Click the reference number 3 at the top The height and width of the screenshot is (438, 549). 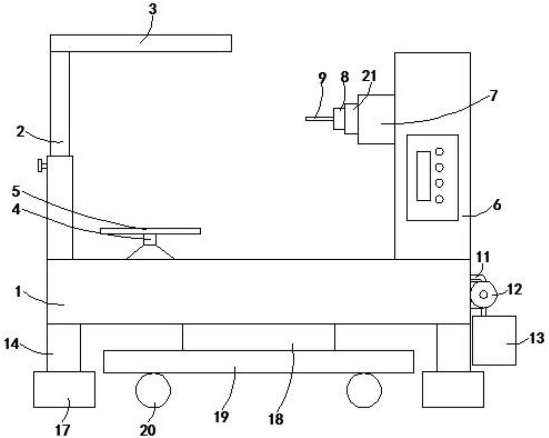pyautogui.click(x=153, y=10)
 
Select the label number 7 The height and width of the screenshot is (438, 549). pyautogui.click(x=494, y=96)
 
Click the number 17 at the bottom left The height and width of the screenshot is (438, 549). pyautogui.click(x=62, y=430)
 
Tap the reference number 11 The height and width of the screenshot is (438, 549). pyautogui.click(x=483, y=257)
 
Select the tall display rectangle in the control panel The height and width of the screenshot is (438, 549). pyautogui.click(x=424, y=176)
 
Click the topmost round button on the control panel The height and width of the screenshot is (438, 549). pyautogui.click(x=439, y=152)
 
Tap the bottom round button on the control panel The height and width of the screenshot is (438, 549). pyautogui.click(x=439, y=199)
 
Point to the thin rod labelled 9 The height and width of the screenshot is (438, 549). pyautogui.click(x=319, y=119)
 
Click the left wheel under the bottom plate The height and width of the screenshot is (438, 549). pyautogui.click(x=153, y=390)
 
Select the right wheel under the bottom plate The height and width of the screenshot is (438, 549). pyautogui.click(x=364, y=390)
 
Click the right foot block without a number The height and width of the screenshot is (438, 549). pyautogui.click(x=453, y=389)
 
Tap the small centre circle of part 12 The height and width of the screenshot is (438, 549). pyautogui.click(x=483, y=295)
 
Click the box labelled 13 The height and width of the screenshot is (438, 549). pyautogui.click(x=494, y=341)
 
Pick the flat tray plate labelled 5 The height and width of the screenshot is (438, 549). pyautogui.click(x=150, y=231)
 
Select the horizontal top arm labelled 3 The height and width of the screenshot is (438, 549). pyautogui.click(x=141, y=43)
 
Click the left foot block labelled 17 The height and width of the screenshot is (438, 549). pyautogui.click(x=64, y=389)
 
